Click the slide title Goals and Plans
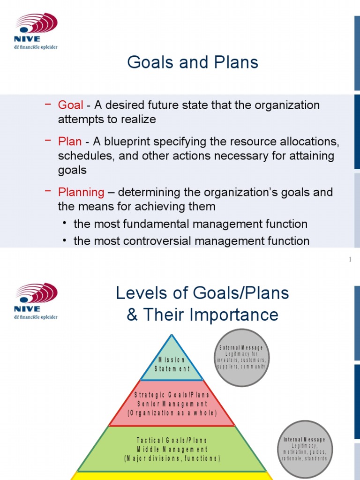193,62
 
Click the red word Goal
70,105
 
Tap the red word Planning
81,192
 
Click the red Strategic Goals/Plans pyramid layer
172,404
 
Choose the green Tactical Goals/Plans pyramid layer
172,449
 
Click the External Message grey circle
241,357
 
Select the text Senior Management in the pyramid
172,404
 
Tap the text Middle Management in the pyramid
172,449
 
